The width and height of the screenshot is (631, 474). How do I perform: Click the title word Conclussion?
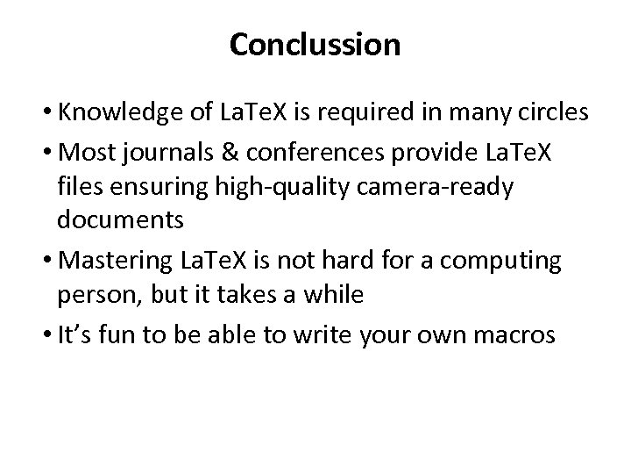315,45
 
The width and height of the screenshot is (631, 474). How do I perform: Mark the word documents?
120,220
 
